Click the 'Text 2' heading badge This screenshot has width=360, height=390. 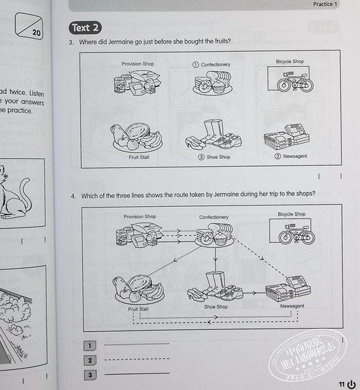tap(86, 28)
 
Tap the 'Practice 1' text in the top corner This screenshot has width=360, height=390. tap(325, 5)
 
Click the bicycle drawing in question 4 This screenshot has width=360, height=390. tap(296, 236)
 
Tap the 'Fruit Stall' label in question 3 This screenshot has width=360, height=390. tap(138, 157)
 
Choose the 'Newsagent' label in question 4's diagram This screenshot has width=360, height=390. tap(289, 306)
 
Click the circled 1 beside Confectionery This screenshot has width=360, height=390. tap(196, 64)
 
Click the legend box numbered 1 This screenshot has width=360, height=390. tap(89, 345)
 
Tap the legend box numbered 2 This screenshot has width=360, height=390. tap(89, 360)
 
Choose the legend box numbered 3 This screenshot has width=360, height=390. tap(89, 375)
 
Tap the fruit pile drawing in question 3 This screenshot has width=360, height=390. tap(136, 137)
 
